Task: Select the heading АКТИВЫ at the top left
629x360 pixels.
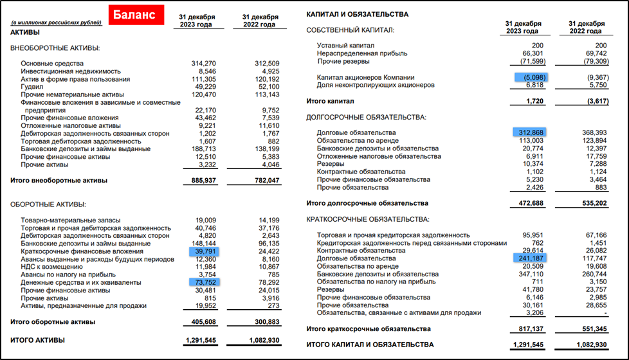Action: [x=25, y=32]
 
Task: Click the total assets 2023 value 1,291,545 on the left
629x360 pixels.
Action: [x=201, y=339]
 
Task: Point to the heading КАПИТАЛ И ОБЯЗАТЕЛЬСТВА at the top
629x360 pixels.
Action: [x=357, y=14]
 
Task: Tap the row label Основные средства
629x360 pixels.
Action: [x=52, y=64]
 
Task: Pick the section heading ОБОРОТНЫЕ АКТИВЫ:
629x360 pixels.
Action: [x=48, y=204]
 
